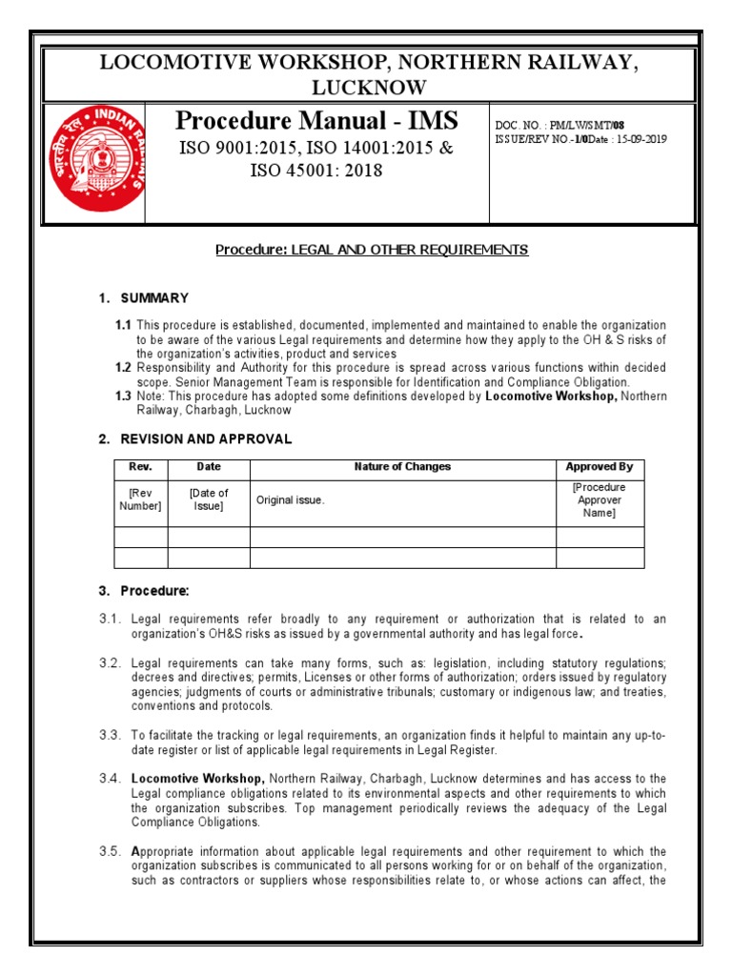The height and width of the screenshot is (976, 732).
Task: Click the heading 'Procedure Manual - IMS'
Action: tap(316, 121)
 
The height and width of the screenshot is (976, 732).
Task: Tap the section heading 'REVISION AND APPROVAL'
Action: tap(206, 439)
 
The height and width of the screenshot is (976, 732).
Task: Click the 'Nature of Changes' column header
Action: tap(402, 467)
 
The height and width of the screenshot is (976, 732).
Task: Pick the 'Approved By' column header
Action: tap(600, 467)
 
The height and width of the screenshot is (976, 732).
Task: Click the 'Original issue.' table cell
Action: tap(290, 499)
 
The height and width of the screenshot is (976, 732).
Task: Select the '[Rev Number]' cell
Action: tap(141, 499)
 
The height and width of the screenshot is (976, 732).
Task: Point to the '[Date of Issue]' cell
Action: tap(209, 499)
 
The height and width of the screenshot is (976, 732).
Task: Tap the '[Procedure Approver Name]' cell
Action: tap(600, 499)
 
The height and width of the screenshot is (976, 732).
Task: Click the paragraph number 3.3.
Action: tap(111, 735)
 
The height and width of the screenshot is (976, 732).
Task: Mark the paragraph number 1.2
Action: tap(123, 367)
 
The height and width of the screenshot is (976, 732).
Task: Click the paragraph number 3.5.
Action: tap(111, 851)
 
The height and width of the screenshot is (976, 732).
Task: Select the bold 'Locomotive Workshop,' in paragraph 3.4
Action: tap(198, 779)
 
